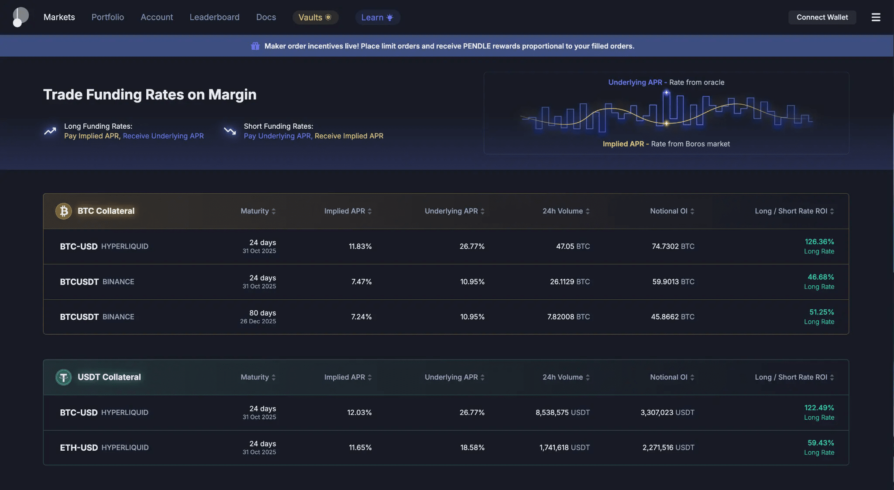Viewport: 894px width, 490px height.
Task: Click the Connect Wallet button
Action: (x=822, y=17)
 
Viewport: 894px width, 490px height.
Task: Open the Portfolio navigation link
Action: (x=108, y=17)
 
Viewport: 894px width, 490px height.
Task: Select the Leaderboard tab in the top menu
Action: (x=214, y=17)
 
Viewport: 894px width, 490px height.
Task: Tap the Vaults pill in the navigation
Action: (x=315, y=17)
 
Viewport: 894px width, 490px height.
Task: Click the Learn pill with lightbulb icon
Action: (x=378, y=17)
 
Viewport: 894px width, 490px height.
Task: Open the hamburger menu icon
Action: (x=876, y=17)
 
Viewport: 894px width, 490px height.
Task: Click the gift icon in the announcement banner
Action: (x=255, y=46)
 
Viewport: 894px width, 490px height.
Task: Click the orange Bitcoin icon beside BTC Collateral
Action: (x=64, y=211)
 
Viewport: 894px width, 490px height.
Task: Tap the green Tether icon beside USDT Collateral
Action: (x=64, y=377)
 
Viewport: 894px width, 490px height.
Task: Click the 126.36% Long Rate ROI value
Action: (x=819, y=242)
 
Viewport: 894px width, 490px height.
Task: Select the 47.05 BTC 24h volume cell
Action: (x=573, y=247)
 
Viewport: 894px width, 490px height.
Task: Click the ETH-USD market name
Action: (x=79, y=448)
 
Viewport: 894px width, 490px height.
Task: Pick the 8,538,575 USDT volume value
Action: (x=562, y=412)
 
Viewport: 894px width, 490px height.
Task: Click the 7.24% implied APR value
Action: (x=361, y=317)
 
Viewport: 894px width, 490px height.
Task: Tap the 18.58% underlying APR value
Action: (x=472, y=448)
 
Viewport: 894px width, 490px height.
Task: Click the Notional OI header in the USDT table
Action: (x=669, y=377)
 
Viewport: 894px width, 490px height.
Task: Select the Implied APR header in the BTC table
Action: (x=345, y=211)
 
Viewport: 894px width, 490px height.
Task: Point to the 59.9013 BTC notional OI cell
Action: (x=673, y=282)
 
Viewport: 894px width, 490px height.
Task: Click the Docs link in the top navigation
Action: (x=266, y=17)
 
